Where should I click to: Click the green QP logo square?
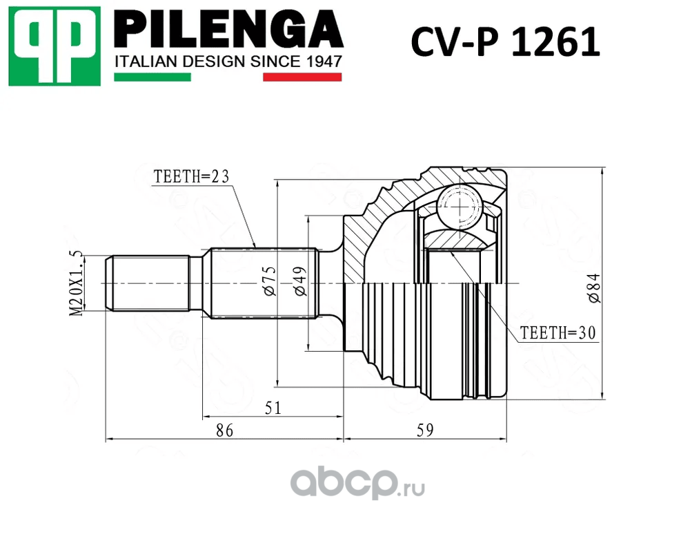pos(55,46)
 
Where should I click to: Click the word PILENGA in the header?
pos(228,29)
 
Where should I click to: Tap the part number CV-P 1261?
pos(505,42)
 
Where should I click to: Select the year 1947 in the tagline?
pos(324,61)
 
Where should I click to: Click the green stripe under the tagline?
pos(152,77)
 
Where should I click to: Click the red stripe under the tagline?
pos(302,77)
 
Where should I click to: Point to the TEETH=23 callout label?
pos(191,177)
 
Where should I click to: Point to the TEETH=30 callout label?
pos(558,333)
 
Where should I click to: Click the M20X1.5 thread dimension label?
pos(76,283)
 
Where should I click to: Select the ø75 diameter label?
pos(269,281)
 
